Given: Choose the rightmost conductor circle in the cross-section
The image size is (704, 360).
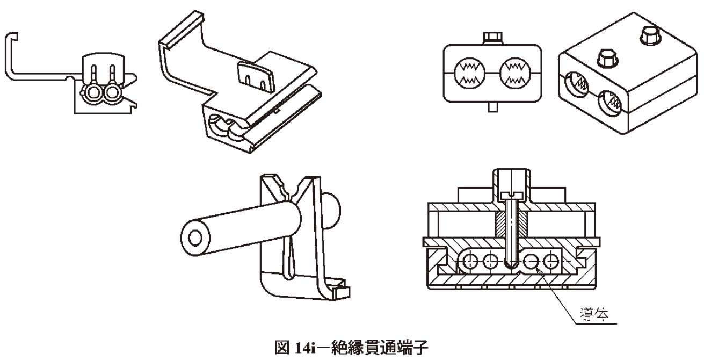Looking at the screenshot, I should [549, 263].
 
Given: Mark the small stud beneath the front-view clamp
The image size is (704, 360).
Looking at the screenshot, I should [492, 106].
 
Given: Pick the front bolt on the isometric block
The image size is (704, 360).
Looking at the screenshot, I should [606, 59].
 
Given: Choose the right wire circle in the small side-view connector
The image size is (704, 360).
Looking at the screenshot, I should [112, 93].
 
